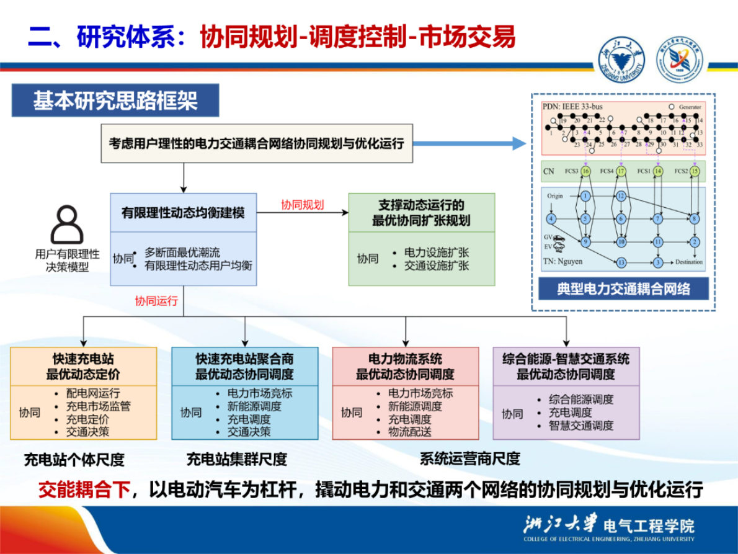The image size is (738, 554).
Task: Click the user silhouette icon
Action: [x=66, y=225]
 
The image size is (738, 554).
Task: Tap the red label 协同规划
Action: [x=302, y=205]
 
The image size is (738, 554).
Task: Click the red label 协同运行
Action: [x=156, y=301]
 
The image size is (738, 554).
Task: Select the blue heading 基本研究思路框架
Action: [x=115, y=101]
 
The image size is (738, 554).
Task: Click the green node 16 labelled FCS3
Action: [x=585, y=171]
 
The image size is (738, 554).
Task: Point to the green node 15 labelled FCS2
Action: [x=695, y=171]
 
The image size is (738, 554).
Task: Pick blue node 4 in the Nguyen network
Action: [x=550, y=218]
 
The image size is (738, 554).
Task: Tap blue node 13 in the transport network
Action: [x=621, y=262]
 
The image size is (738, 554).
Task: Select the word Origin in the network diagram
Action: [x=555, y=196]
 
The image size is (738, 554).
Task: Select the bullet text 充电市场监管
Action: [x=99, y=406]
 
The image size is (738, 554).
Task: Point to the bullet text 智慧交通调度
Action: [x=581, y=426]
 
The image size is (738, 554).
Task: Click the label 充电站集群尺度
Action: [x=237, y=460]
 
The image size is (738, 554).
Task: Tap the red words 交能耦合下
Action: [x=84, y=489]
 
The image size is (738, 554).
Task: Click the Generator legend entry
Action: [x=685, y=107]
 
